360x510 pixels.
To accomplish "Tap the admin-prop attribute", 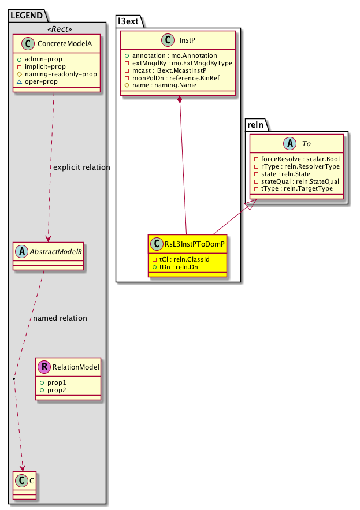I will click(x=59, y=59).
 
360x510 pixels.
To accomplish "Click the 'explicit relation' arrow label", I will click(x=81, y=167).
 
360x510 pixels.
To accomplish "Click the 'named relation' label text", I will click(x=60, y=318).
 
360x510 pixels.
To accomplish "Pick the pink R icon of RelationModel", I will click(x=44, y=366).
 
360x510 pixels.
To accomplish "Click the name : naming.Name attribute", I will click(x=164, y=85).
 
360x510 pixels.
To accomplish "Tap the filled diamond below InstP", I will click(x=181, y=100).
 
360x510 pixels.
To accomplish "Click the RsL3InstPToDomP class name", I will click(x=193, y=244).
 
